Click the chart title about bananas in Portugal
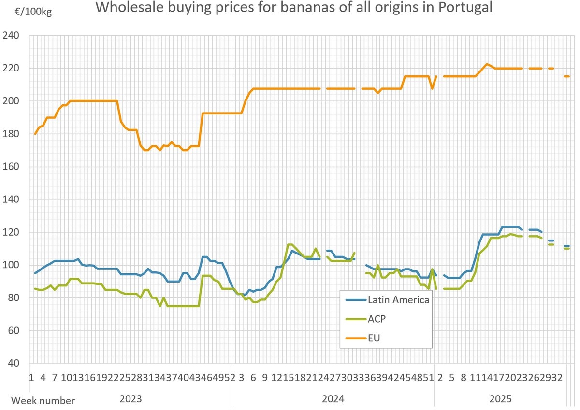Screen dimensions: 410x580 pyautogui.click(x=293, y=8)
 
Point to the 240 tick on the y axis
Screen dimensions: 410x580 pyautogui.click(x=11, y=36)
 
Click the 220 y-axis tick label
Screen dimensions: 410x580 pyautogui.click(x=11, y=69)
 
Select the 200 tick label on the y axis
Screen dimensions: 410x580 pyautogui.click(x=11, y=101)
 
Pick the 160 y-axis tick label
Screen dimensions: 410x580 pyautogui.click(x=11, y=167)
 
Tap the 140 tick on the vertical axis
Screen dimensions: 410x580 pyautogui.click(x=11, y=200)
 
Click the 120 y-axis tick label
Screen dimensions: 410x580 pyautogui.click(x=11, y=233)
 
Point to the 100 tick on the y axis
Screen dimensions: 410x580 pyautogui.click(x=11, y=266)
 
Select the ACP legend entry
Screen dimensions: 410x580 pyautogui.click(x=377, y=319)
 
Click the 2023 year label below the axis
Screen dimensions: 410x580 pyautogui.click(x=130, y=399)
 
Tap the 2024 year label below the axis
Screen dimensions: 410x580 pyautogui.click(x=333, y=399)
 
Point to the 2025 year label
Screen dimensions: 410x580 pyautogui.click(x=500, y=399)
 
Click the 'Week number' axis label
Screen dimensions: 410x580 pyautogui.click(x=43, y=401)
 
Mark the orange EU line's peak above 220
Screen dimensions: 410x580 pyautogui.click(x=487, y=64)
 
